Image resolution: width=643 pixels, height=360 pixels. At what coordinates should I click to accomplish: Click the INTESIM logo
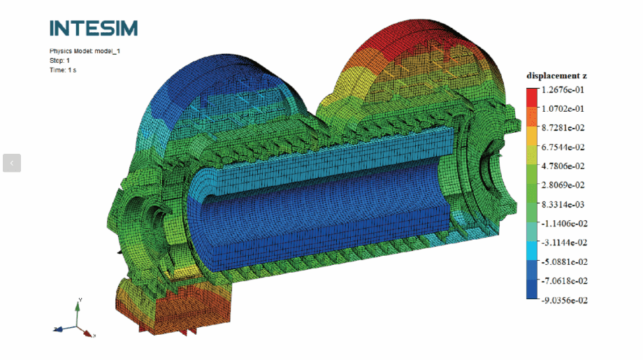tap(94, 28)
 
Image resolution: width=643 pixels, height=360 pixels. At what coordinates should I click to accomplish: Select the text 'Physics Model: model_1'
tap(85, 51)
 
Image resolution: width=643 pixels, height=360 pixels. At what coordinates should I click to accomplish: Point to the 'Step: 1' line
tap(60, 60)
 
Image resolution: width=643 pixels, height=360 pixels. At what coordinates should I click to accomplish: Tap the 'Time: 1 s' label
tap(63, 70)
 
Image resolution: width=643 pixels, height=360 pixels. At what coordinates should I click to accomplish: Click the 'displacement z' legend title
tap(556, 75)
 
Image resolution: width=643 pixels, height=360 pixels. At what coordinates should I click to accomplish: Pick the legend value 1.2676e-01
tap(563, 89)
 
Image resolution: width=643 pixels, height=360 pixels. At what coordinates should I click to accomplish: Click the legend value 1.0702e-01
tap(563, 108)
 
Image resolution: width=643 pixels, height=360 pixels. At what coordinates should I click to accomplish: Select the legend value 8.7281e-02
tap(563, 127)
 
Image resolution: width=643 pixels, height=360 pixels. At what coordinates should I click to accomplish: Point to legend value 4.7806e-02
tap(563, 166)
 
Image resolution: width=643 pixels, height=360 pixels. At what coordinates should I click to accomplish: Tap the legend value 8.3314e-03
tap(563, 204)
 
